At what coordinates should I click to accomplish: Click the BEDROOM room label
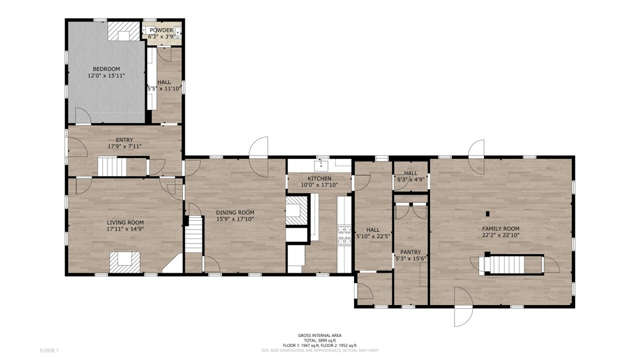pos(106,69)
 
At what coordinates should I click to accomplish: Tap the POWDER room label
pos(161,30)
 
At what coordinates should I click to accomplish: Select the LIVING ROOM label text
pos(125,222)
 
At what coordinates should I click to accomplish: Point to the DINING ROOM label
pos(235,212)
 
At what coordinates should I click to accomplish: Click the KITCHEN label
pos(319,178)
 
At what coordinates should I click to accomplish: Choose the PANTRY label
pos(410,252)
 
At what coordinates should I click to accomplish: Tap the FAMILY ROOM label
pos(501,229)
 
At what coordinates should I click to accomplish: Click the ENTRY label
pos(124,140)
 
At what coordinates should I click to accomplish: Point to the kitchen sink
pos(321,165)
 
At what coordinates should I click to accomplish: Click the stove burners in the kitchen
pos(344,235)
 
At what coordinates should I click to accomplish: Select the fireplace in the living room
pos(125,262)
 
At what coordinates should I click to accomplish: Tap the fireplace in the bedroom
pos(124,31)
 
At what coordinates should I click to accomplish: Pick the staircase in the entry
pos(112,166)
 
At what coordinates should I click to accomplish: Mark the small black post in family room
pos(487,213)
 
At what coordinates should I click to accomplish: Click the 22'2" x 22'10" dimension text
pos(501,235)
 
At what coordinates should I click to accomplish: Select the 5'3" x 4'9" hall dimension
pos(410,180)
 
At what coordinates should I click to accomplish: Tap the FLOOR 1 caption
pos(49,350)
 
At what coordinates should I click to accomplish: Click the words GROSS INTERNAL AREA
pos(319,335)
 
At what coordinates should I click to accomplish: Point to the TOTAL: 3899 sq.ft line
pos(319,340)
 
